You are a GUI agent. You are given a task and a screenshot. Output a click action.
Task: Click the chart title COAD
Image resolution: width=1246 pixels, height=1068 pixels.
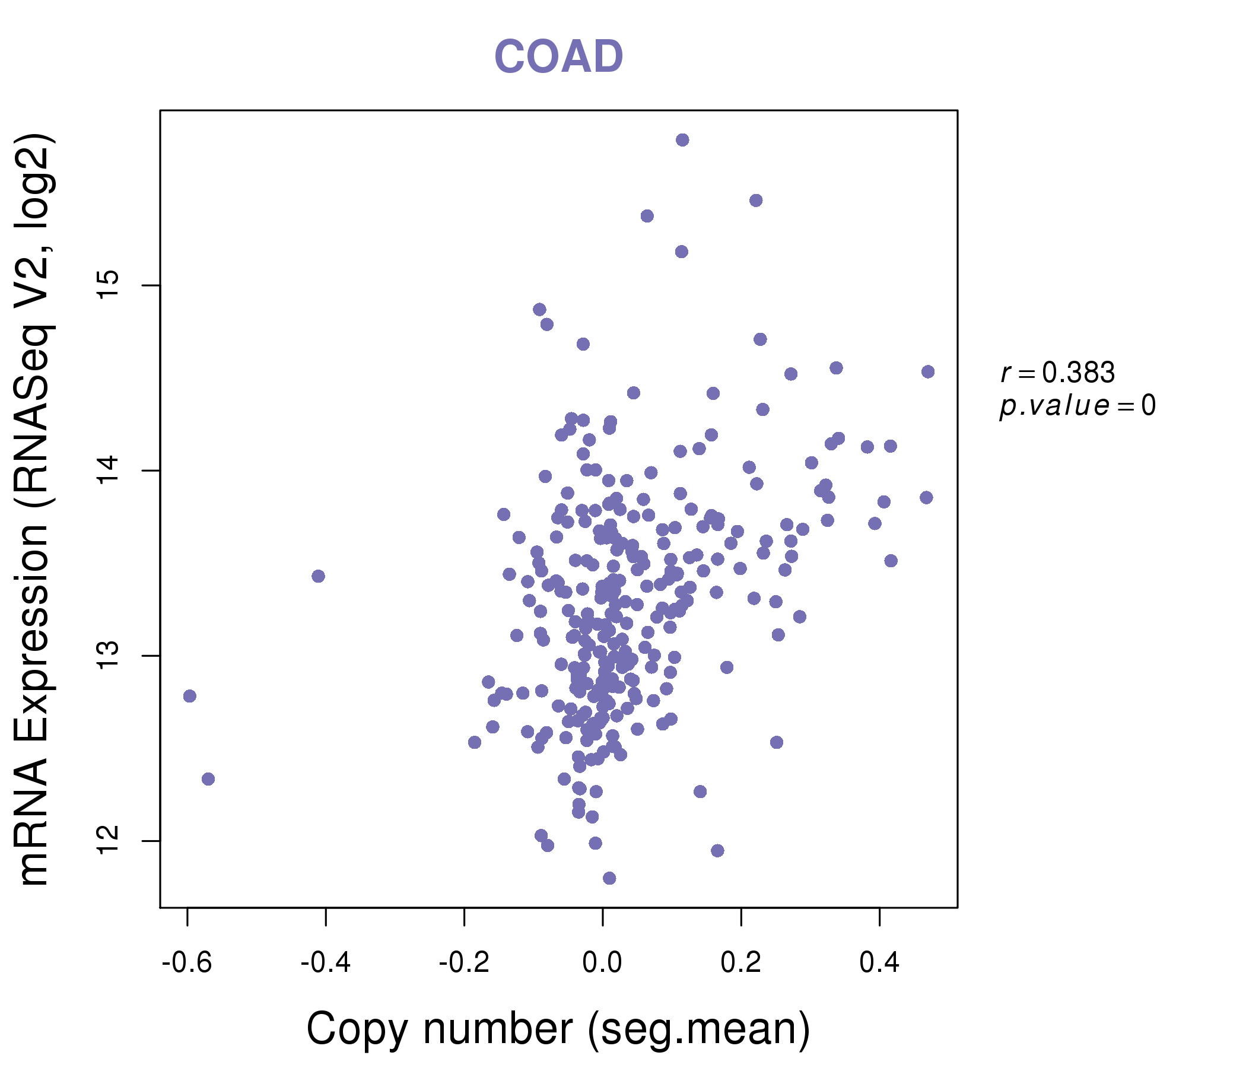(x=558, y=56)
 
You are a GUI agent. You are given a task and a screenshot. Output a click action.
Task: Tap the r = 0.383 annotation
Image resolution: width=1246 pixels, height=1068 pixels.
(x=1057, y=373)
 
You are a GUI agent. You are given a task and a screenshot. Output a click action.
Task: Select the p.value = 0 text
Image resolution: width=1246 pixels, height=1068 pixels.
(x=1077, y=406)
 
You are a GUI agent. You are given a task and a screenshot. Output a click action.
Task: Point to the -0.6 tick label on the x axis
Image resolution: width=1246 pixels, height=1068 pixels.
(x=187, y=963)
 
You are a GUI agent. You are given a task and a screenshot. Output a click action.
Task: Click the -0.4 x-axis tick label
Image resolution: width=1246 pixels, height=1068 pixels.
(x=325, y=963)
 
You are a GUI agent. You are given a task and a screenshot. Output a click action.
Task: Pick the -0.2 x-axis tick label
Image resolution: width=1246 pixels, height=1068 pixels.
(x=463, y=963)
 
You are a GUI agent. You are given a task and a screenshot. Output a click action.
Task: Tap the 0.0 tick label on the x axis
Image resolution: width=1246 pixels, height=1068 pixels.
(x=602, y=963)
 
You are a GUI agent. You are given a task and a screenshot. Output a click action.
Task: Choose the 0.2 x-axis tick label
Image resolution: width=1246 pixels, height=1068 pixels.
(x=741, y=963)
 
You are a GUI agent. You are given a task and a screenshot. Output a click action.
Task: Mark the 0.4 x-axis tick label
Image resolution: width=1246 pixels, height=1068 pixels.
(x=879, y=963)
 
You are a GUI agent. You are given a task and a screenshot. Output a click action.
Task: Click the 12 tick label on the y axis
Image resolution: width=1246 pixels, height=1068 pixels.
(x=109, y=840)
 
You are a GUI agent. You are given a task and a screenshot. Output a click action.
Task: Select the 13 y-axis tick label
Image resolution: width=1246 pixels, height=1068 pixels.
(x=109, y=656)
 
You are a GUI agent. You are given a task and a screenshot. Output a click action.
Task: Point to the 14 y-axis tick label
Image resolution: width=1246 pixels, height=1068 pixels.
(x=109, y=471)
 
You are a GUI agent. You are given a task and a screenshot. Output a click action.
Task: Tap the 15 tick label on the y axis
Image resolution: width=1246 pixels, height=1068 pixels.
(x=109, y=285)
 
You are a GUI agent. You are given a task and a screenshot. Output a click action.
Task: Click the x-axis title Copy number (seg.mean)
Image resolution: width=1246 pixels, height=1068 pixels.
(x=558, y=1029)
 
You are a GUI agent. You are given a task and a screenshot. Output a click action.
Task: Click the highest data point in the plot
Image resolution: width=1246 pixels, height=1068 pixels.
(x=682, y=140)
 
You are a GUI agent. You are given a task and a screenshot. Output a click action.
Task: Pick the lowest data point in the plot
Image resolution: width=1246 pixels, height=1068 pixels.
(x=609, y=878)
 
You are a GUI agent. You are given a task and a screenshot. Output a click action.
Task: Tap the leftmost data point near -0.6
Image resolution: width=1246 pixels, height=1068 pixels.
(x=189, y=696)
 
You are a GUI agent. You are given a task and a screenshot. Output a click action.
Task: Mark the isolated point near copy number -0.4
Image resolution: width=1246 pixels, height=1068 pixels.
(x=318, y=576)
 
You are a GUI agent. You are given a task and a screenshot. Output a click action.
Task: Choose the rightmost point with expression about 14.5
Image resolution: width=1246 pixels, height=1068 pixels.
(x=928, y=371)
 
